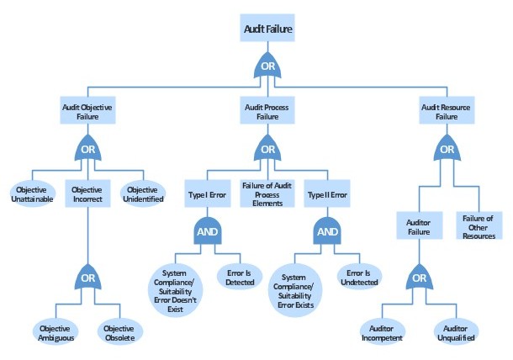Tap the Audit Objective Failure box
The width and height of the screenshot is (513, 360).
click(87, 113)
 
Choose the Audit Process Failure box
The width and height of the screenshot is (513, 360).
click(267, 113)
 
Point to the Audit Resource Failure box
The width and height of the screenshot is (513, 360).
click(446, 113)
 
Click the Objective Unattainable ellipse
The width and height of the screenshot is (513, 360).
click(33, 194)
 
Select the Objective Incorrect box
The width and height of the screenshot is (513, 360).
click(87, 194)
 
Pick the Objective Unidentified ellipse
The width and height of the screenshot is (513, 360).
click(141, 194)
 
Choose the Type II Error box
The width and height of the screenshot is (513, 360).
click(327, 194)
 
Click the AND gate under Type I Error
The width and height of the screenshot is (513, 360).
click(209, 232)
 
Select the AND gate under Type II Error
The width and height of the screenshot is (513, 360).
click(327, 232)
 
